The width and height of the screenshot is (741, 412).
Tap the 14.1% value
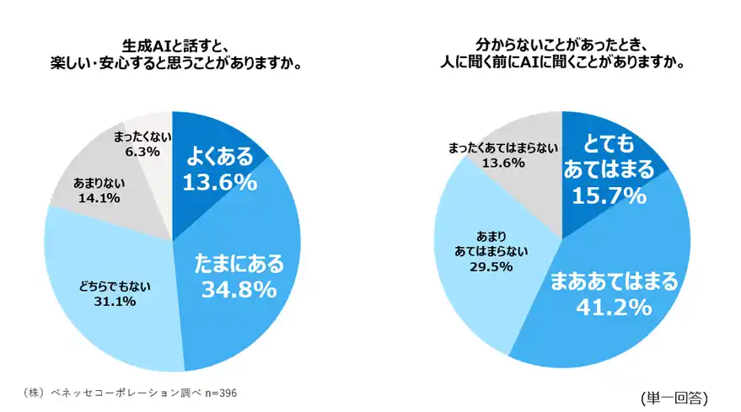(x=98, y=198)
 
